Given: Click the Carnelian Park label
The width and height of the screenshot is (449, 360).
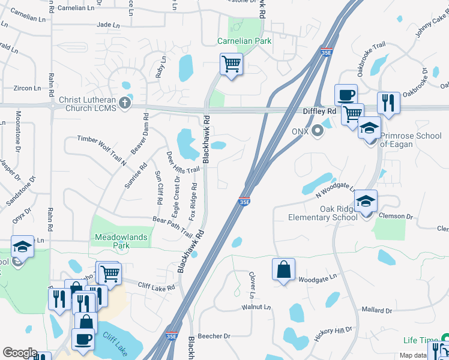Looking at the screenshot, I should point(244,41).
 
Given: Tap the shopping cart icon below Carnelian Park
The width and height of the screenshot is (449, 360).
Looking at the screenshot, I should point(231,63).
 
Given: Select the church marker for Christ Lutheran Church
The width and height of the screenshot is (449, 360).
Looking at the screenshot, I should point(125,102).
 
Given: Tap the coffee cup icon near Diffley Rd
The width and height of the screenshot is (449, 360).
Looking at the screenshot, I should point(346,95).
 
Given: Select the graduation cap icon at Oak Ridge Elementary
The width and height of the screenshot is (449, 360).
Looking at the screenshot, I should point(364,201).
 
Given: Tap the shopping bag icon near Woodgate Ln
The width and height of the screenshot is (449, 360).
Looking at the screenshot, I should point(283,269).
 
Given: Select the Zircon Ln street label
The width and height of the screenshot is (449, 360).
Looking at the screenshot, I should point(27,88).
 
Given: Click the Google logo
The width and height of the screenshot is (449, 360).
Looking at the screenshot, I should point(19,353).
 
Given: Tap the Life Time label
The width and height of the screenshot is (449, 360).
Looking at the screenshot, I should point(418,340).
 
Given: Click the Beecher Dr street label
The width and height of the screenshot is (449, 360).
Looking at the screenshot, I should point(218,337).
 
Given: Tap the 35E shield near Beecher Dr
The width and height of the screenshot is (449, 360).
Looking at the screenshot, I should point(172,336).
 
